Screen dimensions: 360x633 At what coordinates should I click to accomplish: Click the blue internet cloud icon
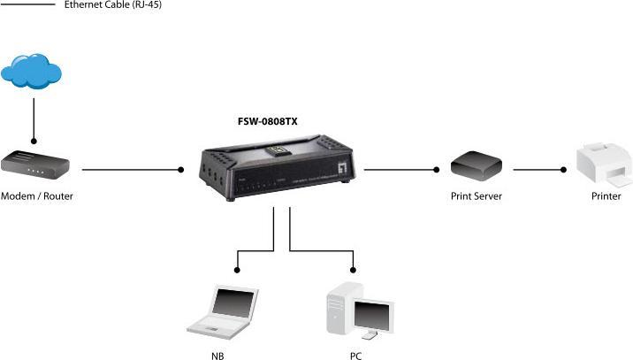tap(34, 72)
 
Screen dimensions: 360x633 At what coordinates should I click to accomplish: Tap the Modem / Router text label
tap(37, 196)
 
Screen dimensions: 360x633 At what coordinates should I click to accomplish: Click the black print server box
tap(476, 165)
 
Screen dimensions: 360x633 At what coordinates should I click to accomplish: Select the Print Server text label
tap(477, 196)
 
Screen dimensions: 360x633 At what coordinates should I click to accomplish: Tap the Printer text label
tap(606, 196)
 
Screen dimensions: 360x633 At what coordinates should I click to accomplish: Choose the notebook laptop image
tap(222, 310)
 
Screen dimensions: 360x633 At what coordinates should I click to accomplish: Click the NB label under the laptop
tap(217, 355)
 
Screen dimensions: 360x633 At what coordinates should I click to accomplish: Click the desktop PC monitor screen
tap(373, 314)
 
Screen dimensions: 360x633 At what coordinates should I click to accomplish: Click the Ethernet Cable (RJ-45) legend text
tap(113, 5)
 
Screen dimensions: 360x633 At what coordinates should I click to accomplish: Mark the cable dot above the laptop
tap(236, 267)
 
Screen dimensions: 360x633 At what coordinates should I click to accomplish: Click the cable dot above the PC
tap(354, 267)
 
